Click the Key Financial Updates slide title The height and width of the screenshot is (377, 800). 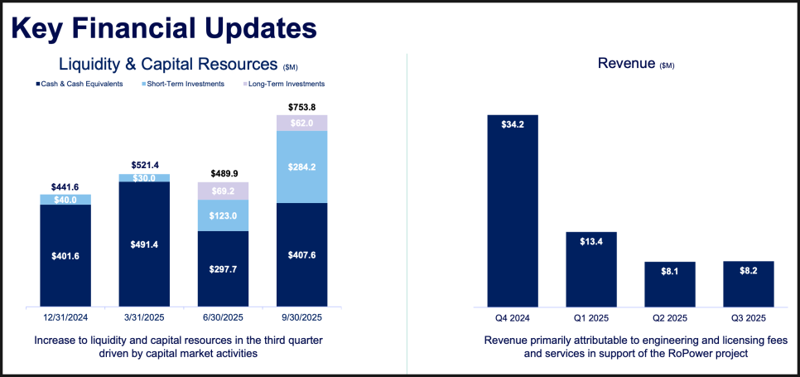point(164,28)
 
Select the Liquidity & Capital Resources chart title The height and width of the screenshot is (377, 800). point(167,64)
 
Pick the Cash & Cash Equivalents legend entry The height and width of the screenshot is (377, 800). point(81,84)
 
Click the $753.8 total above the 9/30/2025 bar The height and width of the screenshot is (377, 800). point(301,107)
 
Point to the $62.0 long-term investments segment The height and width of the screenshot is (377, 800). point(301,123)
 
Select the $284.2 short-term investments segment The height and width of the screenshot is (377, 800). point(301,167)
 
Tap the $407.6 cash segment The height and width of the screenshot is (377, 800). point(301,255)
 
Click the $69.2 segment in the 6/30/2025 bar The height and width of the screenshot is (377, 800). point(223,191)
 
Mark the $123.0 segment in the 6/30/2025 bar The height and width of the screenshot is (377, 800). point(223,215)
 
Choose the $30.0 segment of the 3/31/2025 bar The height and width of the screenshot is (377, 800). point(144,178)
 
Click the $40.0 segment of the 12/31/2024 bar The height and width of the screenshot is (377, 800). point(65,199)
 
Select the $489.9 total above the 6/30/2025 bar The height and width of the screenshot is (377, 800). point(223,174)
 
